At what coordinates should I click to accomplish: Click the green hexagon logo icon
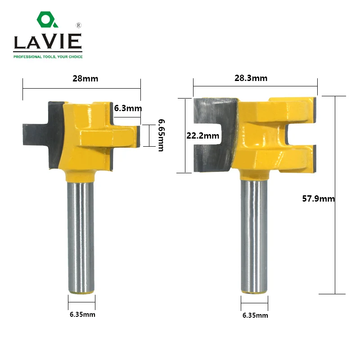click(47, 19)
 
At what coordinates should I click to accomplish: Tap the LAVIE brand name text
click(48, 41)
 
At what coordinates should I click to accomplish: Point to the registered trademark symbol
click(78, 25)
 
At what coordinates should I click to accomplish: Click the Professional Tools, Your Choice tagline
click(48, 57)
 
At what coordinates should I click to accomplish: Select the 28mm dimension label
click(85, 78)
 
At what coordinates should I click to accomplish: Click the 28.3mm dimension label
click(251, 78)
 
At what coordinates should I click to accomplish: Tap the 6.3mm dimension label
click(128, 108)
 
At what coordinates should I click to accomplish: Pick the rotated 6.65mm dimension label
click(162, 135)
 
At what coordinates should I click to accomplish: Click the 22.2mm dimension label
click(203, 136)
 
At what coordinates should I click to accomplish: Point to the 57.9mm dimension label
click(319, 198)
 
